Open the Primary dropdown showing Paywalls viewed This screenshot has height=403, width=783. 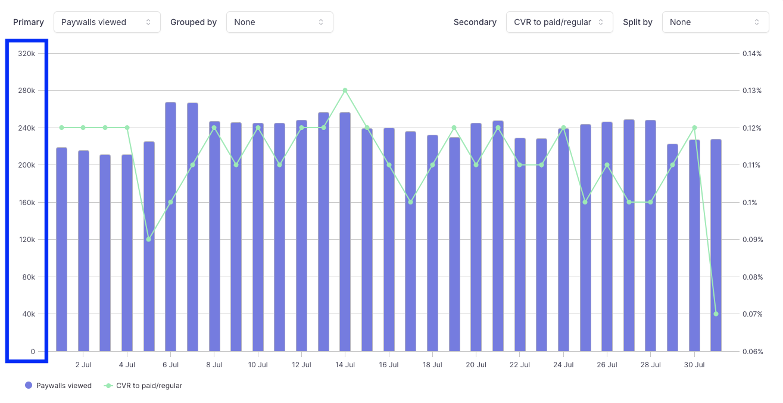[x=107, y=22]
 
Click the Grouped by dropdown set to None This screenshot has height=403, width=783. [x=279, y=22]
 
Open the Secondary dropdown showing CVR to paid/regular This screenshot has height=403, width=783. [x=559, y=22]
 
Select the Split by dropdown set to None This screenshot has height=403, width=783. [x=715, y=22]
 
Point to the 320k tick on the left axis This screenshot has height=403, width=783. [x=27, y=54]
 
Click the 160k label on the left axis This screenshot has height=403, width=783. [x=27, y=203]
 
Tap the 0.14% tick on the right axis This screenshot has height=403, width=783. [x=752, y=54]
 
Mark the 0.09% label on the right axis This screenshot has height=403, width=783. [x=752, y=240]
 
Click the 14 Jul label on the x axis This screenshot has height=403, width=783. [x=345, y=364]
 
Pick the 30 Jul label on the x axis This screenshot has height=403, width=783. [x=694, y=364]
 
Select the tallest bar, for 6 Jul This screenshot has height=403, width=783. [x=170, y=227]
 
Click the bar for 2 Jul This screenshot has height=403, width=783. [x=83, y=250]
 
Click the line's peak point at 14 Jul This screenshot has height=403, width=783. [x=345, y=91]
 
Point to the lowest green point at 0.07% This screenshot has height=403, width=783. [x=716, y=314]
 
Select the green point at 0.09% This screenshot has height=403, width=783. [x=149, y=240]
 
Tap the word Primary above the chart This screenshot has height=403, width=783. [x=29, y=22]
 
